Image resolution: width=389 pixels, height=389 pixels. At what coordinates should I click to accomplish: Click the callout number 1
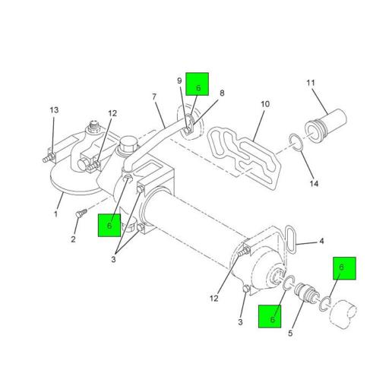[x=55, y=213]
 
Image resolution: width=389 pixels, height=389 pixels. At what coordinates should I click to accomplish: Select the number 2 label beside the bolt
[x=74, y=239]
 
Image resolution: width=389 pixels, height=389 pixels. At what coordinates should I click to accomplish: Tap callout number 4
[x=321, y=242]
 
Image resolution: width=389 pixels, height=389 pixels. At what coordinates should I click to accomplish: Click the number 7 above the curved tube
[x=153, y=97]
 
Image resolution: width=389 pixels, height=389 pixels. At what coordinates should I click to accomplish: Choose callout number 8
[x=222, y=93]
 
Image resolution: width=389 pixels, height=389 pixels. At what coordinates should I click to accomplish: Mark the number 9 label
[x=179, y=81]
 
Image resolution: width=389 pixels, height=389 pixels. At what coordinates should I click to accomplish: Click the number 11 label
[x=311, y=83]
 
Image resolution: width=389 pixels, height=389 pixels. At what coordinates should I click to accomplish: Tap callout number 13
[x=53, y=111]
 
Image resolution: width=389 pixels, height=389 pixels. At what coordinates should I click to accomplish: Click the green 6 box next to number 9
[x=198, y=84]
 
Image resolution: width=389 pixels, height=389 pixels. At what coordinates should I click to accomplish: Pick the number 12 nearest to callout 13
[x=112, y=114]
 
